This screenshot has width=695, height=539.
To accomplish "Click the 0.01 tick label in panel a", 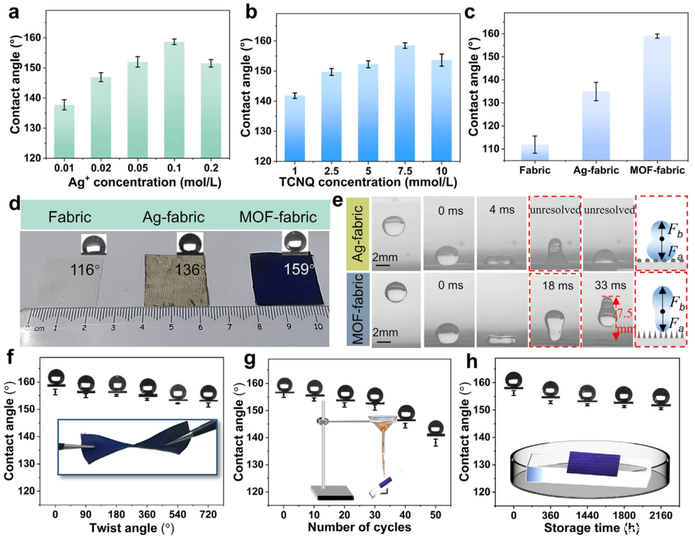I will pyautogui.click(x=64, y=168).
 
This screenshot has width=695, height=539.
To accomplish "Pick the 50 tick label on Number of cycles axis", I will pyautogui.click(x=436, y=514).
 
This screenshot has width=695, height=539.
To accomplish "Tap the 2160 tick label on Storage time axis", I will pyautogui.click(x=661, y=514).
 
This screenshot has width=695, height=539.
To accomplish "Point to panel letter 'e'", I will pyautogui.click(x=338, y=203).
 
